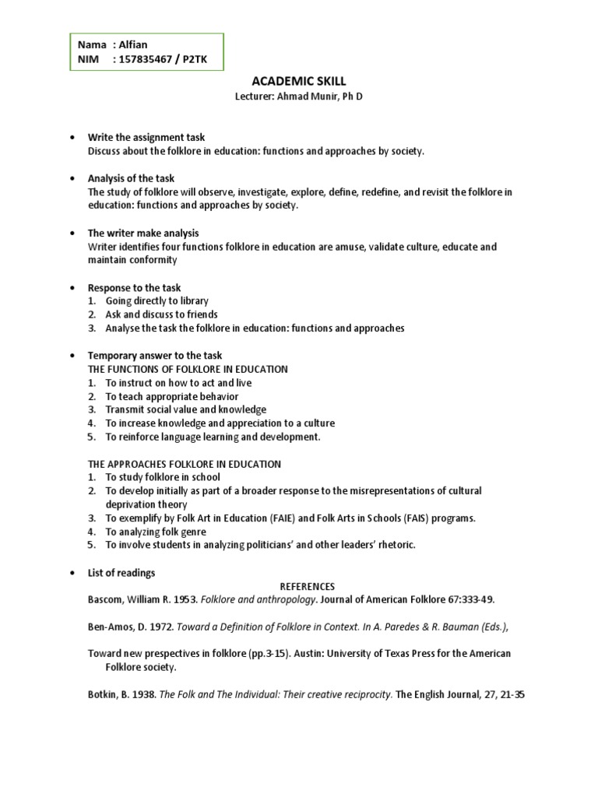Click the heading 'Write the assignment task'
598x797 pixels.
point(146,138)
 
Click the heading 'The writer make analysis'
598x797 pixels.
point(142,233)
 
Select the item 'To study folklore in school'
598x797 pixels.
point(163,477)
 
